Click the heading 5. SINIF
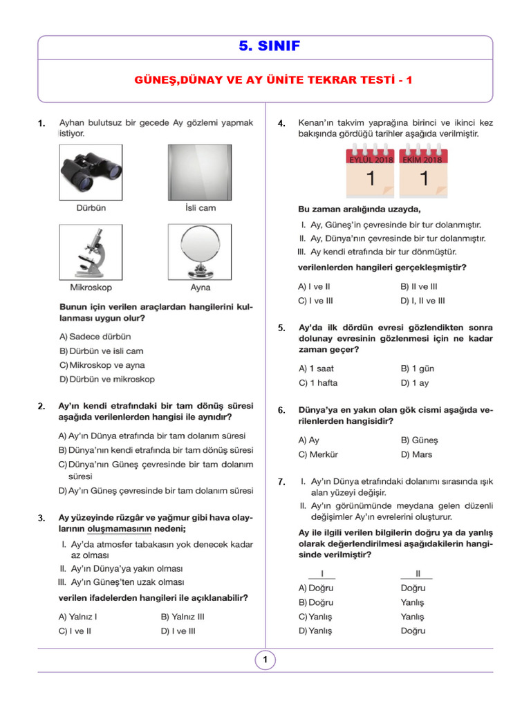tap(265, 46)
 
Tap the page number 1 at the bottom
tap(265, 660)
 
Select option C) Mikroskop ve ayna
tap(102, 365)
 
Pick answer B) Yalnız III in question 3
tap(183, 617)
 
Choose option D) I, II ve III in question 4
tap(422, 301)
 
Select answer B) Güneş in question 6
tap(419, 440)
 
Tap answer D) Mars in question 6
tap(416, 454)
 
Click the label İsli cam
tap(201, 207)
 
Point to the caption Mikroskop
tap(91, 287)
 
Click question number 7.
tap(281, 482)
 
